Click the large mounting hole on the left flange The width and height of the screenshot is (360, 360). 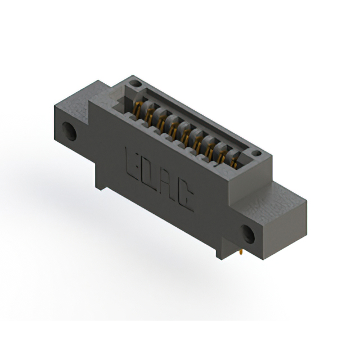point(70,130)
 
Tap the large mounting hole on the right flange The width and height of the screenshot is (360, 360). point(248,231)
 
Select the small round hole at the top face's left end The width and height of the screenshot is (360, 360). point(133,84)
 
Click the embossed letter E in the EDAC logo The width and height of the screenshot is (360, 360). point(130,159)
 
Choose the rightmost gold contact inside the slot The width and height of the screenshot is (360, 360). point(233,162)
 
